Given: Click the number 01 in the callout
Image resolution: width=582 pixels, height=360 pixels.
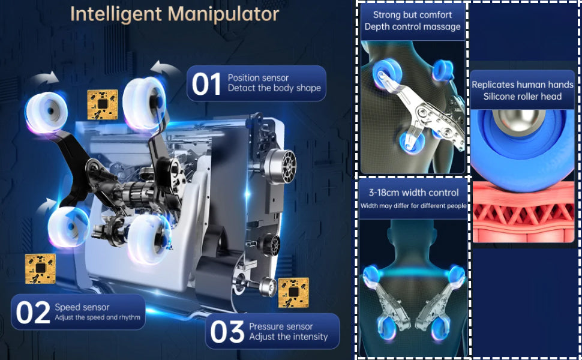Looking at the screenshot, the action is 206,84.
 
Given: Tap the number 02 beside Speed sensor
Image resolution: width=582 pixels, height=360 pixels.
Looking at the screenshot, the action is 33,313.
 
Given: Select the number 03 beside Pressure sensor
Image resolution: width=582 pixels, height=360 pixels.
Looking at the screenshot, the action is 227,332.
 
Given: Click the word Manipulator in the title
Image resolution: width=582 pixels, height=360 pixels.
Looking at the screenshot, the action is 223,14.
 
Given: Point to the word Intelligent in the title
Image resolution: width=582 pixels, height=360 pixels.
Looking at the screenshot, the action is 116,15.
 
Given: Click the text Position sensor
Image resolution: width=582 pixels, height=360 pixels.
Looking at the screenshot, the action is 258,78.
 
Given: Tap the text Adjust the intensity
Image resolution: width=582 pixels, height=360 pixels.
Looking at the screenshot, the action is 289,337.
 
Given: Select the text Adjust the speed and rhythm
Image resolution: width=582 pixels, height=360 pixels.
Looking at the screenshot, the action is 98,317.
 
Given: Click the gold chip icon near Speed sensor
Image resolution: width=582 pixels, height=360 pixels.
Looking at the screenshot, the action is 40,269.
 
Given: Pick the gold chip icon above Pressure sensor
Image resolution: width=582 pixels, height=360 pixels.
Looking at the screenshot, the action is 293,293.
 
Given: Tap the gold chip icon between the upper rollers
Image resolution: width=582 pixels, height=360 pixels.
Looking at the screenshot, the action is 103,104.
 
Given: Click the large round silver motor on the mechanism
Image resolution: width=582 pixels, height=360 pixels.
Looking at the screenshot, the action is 281,166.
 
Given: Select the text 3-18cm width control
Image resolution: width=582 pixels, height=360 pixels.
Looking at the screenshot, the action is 413,193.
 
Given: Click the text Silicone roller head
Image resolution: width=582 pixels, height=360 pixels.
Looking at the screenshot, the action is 522,97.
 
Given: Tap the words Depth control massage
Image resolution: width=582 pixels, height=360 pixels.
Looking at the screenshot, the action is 412,27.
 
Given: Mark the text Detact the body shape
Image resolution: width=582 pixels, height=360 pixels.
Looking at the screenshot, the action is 274,88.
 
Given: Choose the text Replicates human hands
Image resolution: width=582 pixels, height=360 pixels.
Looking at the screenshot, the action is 522,85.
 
